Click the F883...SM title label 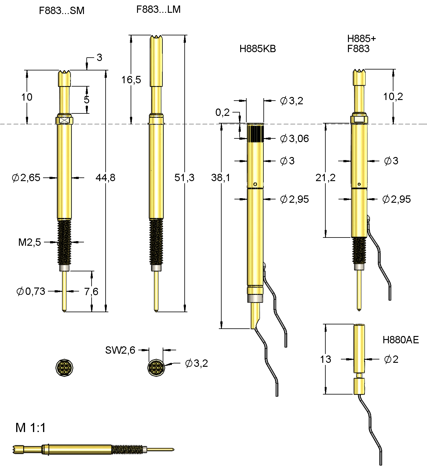tap(62, 11)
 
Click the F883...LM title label tap(158, 9)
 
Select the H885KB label tap(258, 49)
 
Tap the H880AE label tap(400, 340)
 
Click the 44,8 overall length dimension tap(105, 177)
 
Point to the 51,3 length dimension tap(184, 177)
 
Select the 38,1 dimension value tap(220, 177)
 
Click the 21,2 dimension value tap(325, 177)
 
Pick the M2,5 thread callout tap(30, 242)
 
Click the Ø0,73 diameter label tap(31, 291)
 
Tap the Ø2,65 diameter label tap(26, 177)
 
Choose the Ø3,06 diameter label tap(295, 139)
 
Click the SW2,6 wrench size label tap(120, 350)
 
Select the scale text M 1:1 tap(31, 428)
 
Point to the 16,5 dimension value tap(131, 80)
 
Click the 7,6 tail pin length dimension tap(91, 291)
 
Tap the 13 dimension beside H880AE tap(325, 359)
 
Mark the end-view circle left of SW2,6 tap(64, 367)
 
